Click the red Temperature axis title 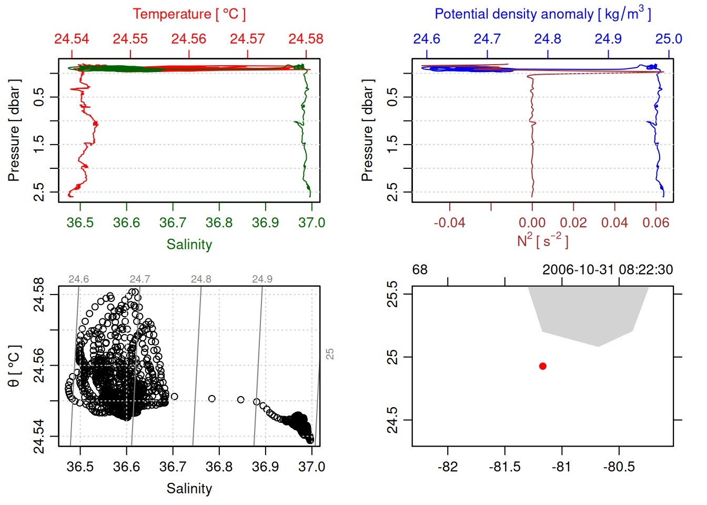click(x=189, y=14)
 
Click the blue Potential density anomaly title click(x=542, y=14)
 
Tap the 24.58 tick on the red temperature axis click(x=306, y=39)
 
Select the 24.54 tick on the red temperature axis click(x=72, y=39)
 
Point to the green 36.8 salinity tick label click(x=219, y=223)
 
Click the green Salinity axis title click(x=189, y=245)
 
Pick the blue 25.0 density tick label click(x=669, y=39)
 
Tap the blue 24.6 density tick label click(x=426, y=39)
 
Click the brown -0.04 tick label click(x=449, y=223)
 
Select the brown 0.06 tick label click(x=655, y=223)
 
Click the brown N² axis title click(x=542, y=241)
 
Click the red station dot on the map click(x=543, y=366)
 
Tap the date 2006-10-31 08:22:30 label click(x=607, y=270)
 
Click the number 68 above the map click(x=420, y=270)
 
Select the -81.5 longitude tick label click(x=504, y=467)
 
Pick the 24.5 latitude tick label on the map click(x=392, y=420)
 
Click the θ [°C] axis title click(x=14, y=366)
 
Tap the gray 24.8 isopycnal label click(x=201, y=279)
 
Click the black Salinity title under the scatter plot click(x=189, y=489)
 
